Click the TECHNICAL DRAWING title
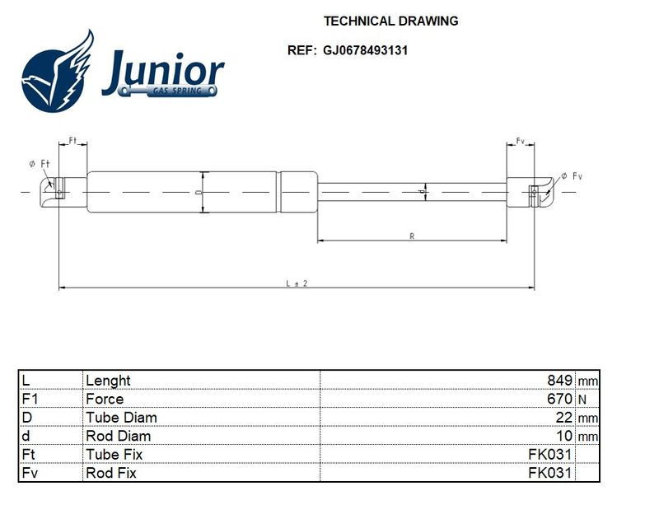pyautogui.click(x=390, y=21)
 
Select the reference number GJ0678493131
pyautogui.click(x=365, y=50)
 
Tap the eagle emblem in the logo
pyautogui.click(x=58, y=72)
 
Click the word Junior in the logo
pyautogui.click(x=163, y=72)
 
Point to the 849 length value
pyautogui.click(x=559, y=380)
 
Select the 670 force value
pyautogui.click(x=559, y=399)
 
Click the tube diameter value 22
pyautogui.click(x=564, y=417)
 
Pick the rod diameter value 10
pyautogui.click(x=564, y=436)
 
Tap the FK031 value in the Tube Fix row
pyautogui.click(x=550, y=454)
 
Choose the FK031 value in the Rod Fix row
pyautogui.click(x=550, y=473)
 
